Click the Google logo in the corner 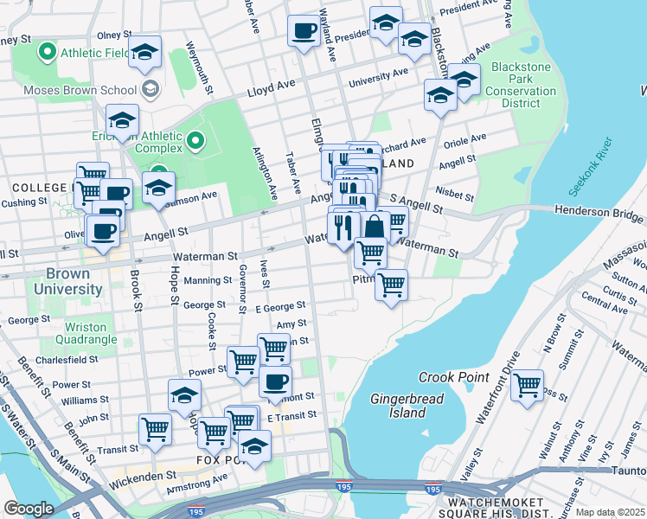[x=29, y=509]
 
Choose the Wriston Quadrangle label [x=74, y=333]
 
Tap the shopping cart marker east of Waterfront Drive [x=527, y=383]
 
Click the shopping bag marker [x=375, y=228]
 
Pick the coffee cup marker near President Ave [x=303, y=31]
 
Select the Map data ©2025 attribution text [x=610, y=512]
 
